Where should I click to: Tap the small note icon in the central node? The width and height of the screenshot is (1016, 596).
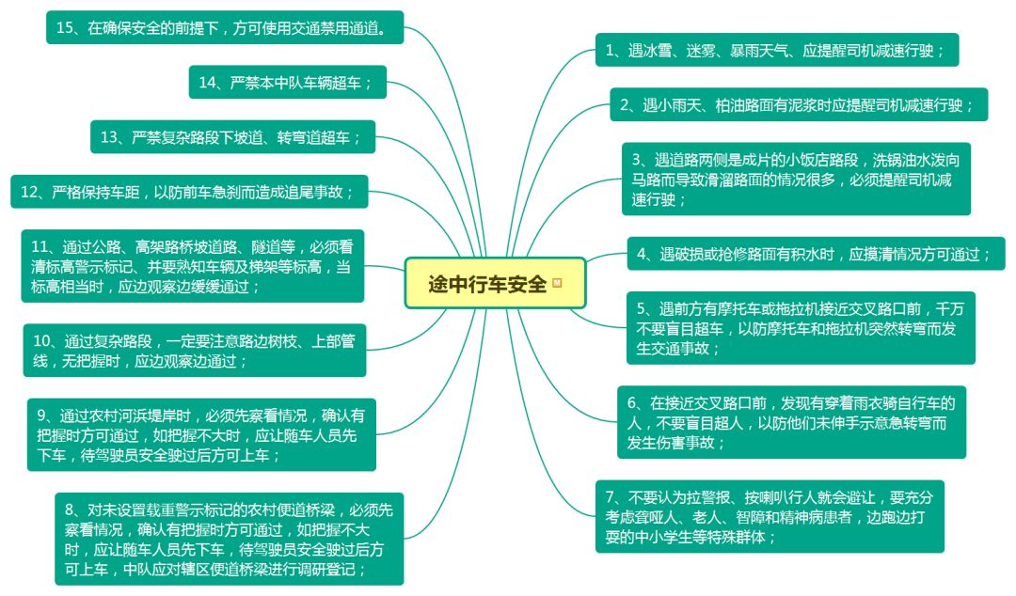[557, 283]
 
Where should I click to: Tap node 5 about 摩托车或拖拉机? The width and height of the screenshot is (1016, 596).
[800, 328]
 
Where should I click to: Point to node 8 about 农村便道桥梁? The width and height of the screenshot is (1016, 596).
[229, 539]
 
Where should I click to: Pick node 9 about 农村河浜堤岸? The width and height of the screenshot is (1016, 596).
[200, 435]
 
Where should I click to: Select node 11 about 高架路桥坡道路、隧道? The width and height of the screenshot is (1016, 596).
[193, 266]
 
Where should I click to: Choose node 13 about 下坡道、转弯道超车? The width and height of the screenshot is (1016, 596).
[231, 137]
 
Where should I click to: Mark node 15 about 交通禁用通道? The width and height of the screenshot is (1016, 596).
[226, 28]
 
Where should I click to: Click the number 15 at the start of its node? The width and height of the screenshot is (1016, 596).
[65, 28]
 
